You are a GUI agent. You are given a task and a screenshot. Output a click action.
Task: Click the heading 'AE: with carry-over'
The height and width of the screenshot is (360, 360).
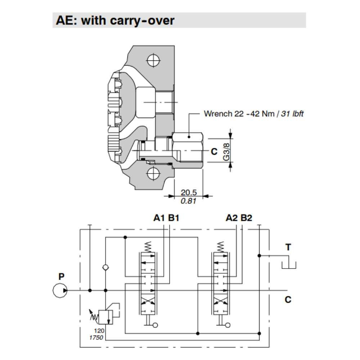tap(115, 21)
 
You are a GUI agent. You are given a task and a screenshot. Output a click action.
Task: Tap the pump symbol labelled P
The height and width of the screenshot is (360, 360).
tap(60, 290)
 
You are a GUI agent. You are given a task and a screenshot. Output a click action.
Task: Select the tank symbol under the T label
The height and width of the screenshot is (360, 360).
tap(288, 265)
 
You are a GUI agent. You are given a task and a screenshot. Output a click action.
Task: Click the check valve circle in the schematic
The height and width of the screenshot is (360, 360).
tap(105, 267)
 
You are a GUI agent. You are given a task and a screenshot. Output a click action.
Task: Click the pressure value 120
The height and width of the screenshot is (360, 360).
tap(99, 331)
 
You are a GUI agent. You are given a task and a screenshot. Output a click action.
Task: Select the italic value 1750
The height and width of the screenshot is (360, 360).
tap(96, 338)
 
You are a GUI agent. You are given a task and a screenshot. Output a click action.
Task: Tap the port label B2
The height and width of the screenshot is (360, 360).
tap(247, 218)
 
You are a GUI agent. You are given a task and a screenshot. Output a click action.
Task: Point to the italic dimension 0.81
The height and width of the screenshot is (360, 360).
tap(188, 201)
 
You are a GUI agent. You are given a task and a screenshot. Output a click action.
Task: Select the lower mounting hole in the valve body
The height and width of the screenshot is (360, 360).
tap(152, 175)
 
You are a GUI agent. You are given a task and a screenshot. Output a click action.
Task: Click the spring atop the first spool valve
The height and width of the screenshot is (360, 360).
tap(148, 247)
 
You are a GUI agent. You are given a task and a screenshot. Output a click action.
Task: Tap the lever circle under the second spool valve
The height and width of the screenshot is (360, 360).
tap(228, 325)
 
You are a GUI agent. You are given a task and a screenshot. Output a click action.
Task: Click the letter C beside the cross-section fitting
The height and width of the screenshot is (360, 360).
tap(214, 152)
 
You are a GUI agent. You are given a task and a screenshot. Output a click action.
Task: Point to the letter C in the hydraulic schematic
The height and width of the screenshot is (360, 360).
tap(288, 300)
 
